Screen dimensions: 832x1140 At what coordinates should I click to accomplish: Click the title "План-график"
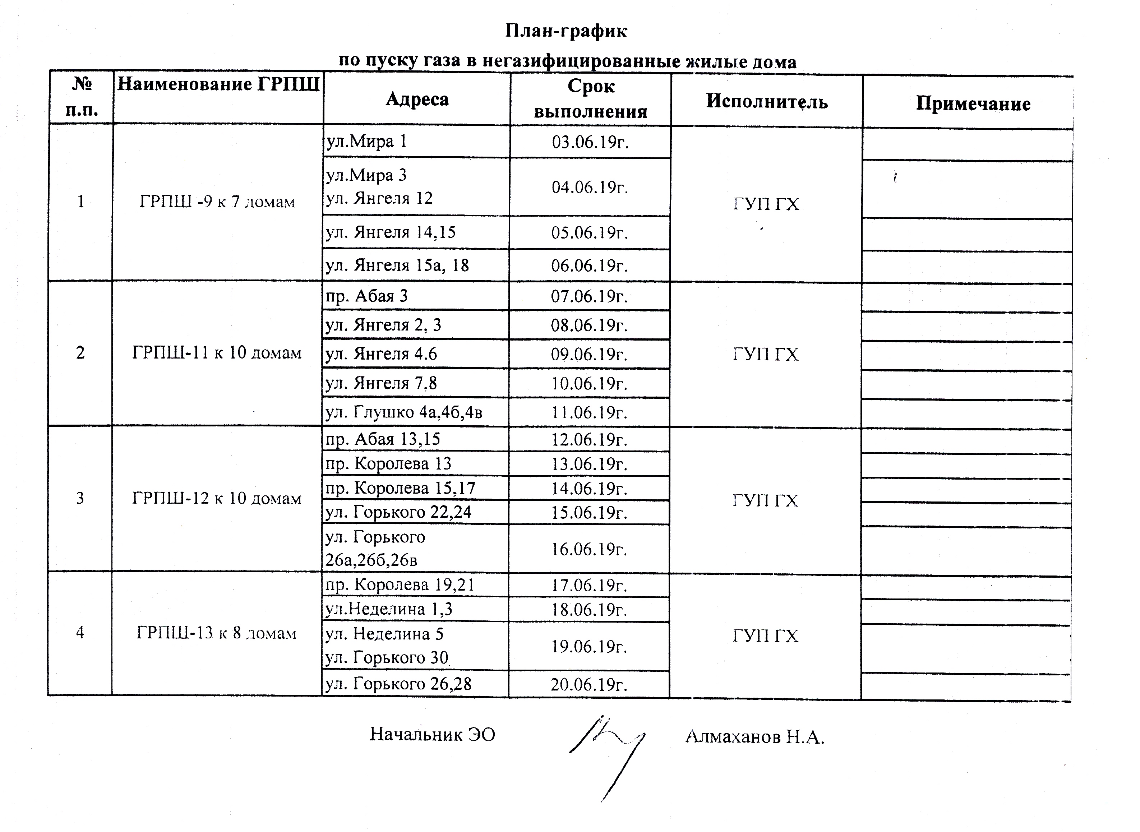click(x=566, y=31)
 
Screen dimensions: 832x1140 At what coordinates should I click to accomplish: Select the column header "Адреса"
click(x=417, y=99)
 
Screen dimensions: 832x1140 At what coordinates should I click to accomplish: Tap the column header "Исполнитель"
click(x=766, y=101)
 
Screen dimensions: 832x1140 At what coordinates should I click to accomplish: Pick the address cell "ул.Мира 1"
click(x=366, y=141)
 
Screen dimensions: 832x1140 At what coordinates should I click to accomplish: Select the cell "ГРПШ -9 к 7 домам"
click(x=217, y=202)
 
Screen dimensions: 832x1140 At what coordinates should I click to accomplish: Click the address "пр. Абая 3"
click(x=366, y=296)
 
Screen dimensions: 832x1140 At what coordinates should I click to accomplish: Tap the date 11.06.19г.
click(x=589, y=412)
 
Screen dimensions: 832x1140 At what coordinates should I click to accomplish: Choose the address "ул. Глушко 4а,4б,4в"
click(x=403, y=412)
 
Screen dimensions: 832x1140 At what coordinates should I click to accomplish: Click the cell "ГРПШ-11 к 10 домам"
click(x=217, y=352)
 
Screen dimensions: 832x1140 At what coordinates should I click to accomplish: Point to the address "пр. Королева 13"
click(x=388, y=463)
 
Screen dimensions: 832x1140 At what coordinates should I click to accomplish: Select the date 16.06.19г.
click(x=589, y=549)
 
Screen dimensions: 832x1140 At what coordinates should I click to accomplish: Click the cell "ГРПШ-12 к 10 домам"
click(x=217, y=498)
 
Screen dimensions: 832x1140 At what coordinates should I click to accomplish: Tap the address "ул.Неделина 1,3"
click(x=388, y=609)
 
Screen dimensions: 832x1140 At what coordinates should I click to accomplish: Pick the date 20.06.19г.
click(x=589, y=684)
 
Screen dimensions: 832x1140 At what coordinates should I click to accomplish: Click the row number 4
click(x=80, y=633)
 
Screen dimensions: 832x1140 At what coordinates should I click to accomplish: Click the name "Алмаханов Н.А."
click(x=754, y=737)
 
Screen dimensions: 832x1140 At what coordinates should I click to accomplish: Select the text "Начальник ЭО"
click(x=432, y=734)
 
